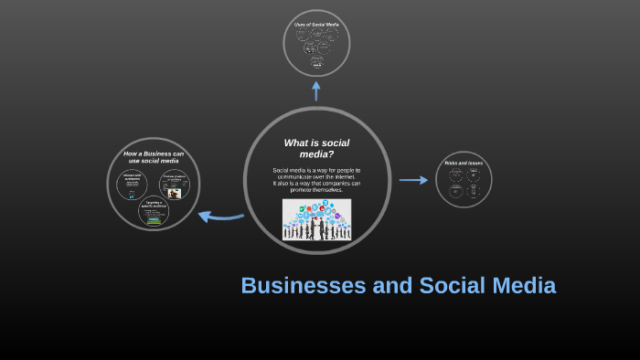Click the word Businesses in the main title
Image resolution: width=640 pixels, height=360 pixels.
pos(304,286)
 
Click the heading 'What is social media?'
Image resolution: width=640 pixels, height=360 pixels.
pos(316,148)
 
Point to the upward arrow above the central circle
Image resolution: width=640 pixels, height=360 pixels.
pos(316,90)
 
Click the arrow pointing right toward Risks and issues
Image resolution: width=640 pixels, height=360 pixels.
pos(413,180)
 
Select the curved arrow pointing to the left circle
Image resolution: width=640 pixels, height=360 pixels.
pos(220,217)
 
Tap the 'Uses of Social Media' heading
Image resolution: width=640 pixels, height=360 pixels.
pos(316,25)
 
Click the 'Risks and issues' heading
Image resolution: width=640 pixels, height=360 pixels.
pos(464,163)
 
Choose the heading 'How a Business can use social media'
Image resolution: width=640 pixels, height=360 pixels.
pos(154,157)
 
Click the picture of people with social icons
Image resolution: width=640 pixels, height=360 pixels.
pos(316,220)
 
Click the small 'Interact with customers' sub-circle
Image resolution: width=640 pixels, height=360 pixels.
pos(132,185)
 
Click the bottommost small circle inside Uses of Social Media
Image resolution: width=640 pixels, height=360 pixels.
pos(317,62)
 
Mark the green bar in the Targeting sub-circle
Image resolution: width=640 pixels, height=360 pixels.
pos(154,220)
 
